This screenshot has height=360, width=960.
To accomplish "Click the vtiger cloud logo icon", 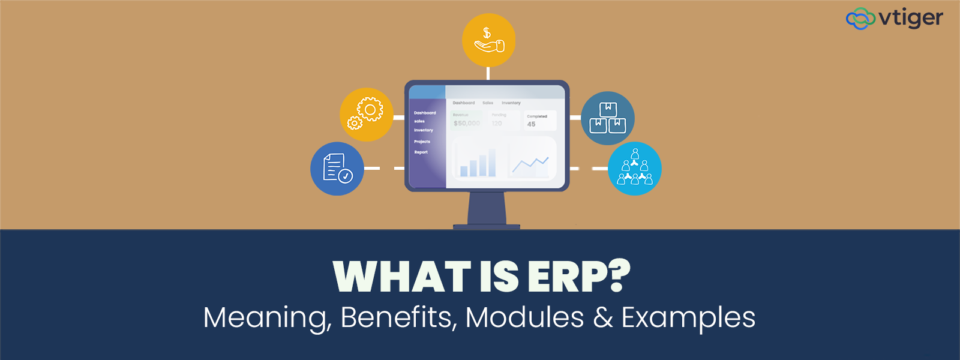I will click(860, 19).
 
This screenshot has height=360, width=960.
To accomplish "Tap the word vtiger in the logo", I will click(911, 19).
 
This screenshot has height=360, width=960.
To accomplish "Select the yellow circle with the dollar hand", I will click(488, 40).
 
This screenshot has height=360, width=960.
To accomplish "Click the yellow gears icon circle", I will click(366, 115).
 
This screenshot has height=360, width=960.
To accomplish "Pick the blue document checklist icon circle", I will click(337, 169).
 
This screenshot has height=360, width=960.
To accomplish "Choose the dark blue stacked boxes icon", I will click(608, 118).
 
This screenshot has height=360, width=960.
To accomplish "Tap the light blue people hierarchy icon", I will click(635, 169).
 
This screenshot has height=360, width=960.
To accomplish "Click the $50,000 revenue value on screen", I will click(467, 124).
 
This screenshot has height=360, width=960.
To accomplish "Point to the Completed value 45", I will click(531, 124).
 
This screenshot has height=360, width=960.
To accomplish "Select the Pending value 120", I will click(497, 124).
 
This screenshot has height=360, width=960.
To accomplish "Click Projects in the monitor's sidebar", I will click(422, 142).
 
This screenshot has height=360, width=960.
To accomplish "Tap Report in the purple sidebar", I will click(421, 152).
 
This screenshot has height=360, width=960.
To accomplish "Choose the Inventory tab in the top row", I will click(511, 103).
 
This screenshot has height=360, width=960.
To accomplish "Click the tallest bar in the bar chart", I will click(492, 162).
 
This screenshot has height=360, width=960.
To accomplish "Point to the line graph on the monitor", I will click(530, 163).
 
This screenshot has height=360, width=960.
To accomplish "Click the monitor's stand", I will click(487, 210).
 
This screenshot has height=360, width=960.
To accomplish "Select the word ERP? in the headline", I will click(579, 277).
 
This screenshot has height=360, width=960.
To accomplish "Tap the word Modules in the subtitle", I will click(524, 317).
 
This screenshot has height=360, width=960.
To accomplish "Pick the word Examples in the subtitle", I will click(688, 317).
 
